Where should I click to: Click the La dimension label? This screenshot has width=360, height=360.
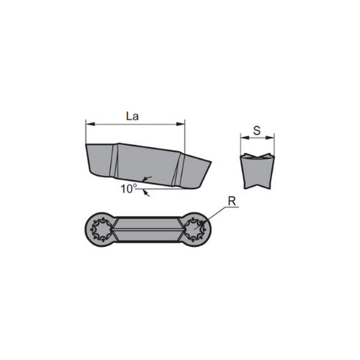pyautogui.click(x=133, y=115)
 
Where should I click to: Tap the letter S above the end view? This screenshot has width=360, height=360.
pyautogui.click(x=256, y=130)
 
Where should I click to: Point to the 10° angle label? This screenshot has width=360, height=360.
pyautogui.click(x=129, y=189)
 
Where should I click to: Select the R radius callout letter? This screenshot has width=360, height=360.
pyautogui.click(x=231, y=200)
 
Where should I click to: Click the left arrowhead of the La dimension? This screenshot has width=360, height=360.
pyautogui.click(x=89, y=123)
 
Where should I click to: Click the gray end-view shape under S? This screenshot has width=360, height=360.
pyautogui.click(x=257, y=173)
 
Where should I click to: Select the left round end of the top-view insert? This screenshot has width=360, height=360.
pyautogui.click(x=101, y=229)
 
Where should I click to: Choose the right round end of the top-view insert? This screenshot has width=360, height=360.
pyautogui.click(x=195, y=229)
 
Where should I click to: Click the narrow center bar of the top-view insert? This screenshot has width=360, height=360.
pyautogui.click(x=148, y=229)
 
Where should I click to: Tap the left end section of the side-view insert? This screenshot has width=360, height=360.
pyautogui.click(x=101, y=161)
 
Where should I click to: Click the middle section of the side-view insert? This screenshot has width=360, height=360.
pyautogui.click(x=147, y=165)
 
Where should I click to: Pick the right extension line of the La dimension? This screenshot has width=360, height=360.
pyautogui.click(x=184, y=136)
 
